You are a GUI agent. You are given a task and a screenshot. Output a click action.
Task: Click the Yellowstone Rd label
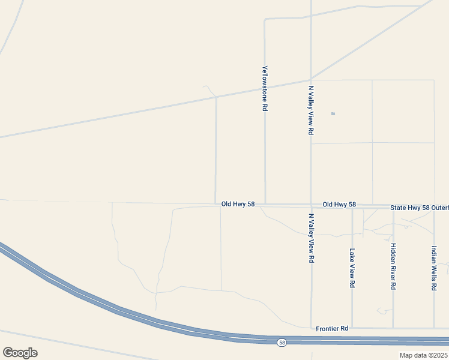(x=264, y=88)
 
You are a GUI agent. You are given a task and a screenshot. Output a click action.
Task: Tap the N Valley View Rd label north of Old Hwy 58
(x=311, y=109)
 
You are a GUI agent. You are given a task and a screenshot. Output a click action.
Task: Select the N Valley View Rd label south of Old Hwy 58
(x=311, y=238)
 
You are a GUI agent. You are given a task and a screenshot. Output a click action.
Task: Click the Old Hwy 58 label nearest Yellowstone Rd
(x=238, y=204)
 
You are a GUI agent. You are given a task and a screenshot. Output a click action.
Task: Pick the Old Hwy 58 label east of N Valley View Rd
(x=339, y=205)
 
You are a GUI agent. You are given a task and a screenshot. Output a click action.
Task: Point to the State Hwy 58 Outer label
(x=419, y=207)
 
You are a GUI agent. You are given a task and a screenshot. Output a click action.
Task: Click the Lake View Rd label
(x=352, y=268)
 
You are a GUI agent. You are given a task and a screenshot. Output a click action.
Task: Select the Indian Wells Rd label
(x=434, y=268)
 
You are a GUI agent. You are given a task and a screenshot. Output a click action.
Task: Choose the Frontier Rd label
(x=332, y=329)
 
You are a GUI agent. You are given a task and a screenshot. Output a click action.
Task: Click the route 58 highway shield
(x=282, y=343)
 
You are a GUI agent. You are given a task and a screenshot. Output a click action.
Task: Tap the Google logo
(x=20, y=352)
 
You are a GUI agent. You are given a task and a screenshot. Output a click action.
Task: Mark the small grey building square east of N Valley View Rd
(x=333, y=113)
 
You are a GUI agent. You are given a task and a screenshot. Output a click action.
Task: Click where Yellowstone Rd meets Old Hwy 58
(x=265, y=204)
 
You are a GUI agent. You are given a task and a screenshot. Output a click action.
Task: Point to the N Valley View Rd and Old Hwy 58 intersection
(x=311, y=205)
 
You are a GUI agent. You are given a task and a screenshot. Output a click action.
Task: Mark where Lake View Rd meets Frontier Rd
(x=352, y=328)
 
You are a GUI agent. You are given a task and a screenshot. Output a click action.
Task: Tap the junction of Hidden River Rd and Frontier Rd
(x=393, y=328)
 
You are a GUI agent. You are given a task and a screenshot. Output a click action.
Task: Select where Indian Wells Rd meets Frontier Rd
(x=434, y=328)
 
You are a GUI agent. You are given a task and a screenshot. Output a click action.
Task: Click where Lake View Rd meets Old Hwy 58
(x=352, y=208)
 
